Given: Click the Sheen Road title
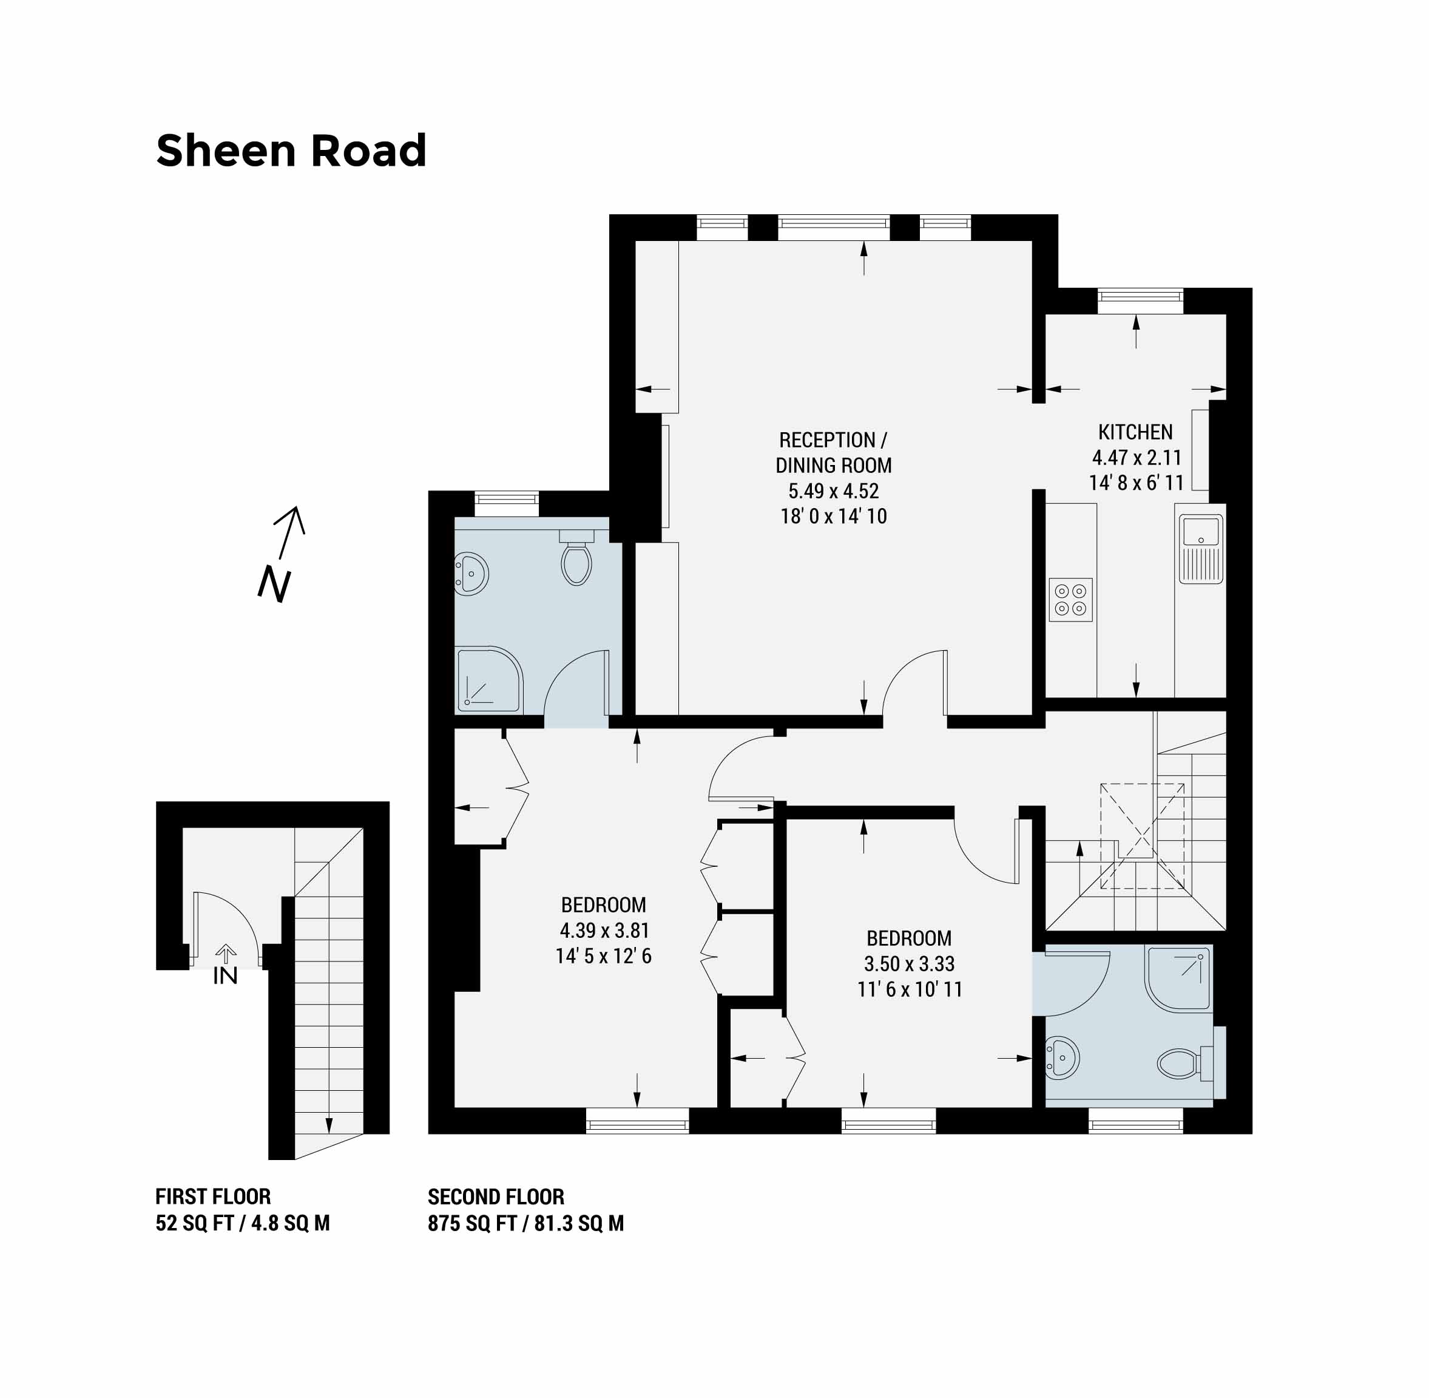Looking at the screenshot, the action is (291, 151).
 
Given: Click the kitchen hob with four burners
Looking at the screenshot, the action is (1071, 599).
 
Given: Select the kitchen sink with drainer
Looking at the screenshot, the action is (1201, 549).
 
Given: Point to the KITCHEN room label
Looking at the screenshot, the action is (1135, 432).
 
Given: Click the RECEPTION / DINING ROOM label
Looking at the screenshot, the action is (834, 452).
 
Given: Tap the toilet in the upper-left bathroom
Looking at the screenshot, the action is (576, 557).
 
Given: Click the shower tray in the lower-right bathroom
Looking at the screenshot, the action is (1178, 978).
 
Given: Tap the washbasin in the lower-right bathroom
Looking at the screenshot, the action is (1062, 1058).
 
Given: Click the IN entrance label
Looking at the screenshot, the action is (225, 976).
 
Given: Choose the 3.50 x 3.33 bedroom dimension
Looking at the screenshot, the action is (910, 963).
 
